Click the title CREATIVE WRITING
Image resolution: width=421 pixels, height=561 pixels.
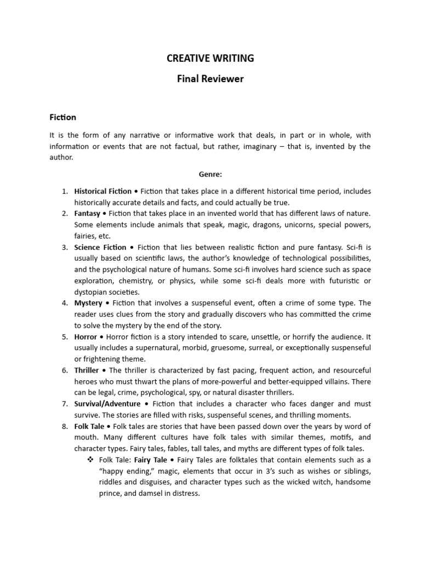tap(210, 59)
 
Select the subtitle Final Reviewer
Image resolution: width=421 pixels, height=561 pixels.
tap(210, 79)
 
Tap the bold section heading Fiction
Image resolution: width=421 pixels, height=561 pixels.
tap(63, 117)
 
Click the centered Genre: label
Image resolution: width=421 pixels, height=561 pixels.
tap(210, 174)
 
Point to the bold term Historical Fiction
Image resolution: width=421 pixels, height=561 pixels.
tap(103, 191)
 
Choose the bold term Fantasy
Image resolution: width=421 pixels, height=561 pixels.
tap(87, 213)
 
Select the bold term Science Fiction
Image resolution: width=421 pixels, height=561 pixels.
tap(100, 247)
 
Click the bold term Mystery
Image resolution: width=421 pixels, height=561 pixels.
tap(88, 303)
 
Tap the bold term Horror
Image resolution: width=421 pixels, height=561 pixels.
tap(86, 337)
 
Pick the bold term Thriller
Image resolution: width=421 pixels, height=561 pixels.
tap(87, 370)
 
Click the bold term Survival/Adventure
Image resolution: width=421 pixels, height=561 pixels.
tap(107, 404)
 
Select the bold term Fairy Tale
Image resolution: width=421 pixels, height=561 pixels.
tap(151, 460)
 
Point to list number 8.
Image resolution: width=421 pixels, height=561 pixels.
tap(64, 426)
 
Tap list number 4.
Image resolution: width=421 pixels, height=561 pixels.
tap(64, 303)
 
